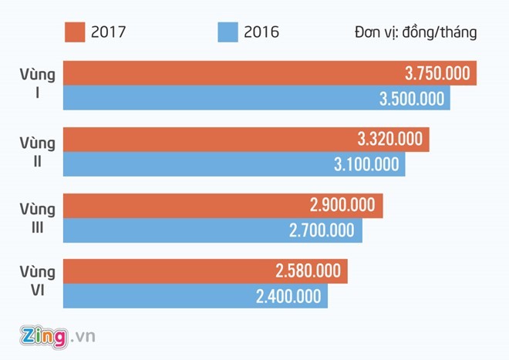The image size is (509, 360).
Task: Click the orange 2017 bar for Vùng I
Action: [231, 73]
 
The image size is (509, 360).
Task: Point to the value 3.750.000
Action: [436, 73]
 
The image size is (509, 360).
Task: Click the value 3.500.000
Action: [413, 98]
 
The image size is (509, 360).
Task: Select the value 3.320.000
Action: [390, 140]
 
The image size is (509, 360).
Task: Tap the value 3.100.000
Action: [367, 163]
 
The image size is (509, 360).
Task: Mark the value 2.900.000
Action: [342, 205]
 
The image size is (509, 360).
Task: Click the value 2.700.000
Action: [322, 230]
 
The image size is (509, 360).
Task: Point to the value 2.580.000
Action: [308, 271]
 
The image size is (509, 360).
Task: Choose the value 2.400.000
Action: [288, 296]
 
